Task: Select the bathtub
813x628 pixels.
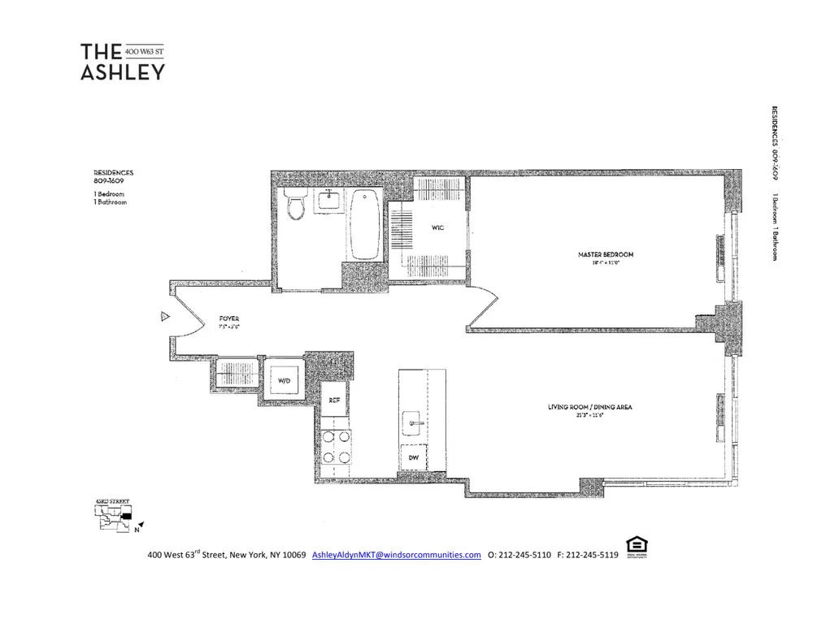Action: coord(365,224)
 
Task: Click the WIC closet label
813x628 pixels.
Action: coord(437,228)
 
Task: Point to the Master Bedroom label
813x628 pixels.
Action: coord(605,254)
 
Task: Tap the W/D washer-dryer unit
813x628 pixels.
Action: coord(284,379)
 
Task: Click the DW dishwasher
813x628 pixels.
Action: coord(415,459)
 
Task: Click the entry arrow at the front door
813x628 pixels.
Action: coord(164,317)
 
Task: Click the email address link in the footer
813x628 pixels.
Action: coord(397,555)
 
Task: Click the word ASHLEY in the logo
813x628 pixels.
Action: coord(122,71)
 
